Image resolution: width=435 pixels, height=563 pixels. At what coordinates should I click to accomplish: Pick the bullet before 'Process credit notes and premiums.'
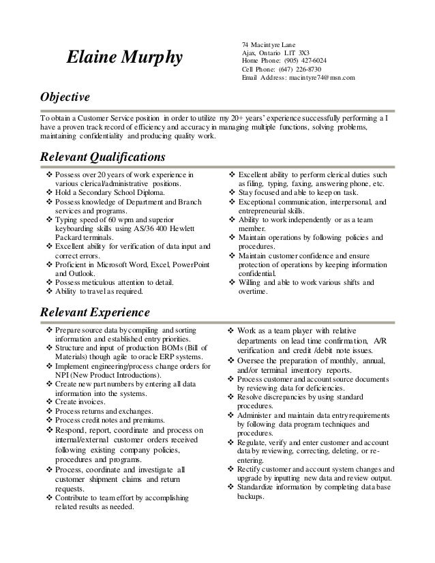click(x=48, y=421)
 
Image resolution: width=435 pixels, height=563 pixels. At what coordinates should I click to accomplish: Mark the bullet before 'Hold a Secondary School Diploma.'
click(x=48, y=193)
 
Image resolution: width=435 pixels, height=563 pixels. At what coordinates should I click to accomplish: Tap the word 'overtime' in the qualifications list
click(x=252, y=292)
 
